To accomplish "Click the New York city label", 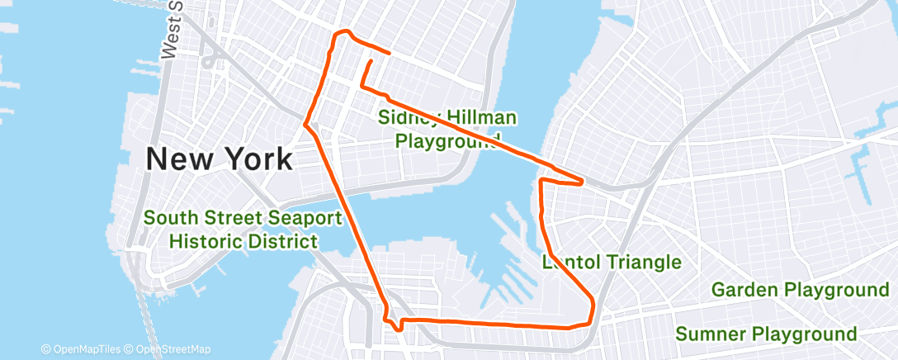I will [x=219, y=159].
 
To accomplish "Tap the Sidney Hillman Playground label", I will [x=447, y=129].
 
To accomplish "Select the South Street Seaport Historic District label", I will [x=243, y=230].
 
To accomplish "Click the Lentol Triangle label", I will [x=612, y=263].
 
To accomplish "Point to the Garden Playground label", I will [x=799, y=290].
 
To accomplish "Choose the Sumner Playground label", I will [x=765, y=334].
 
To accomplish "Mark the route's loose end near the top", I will [x=371, y=60].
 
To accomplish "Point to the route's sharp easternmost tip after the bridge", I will [x=584, y=181].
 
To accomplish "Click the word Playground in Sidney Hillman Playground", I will [x=447, y=140].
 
